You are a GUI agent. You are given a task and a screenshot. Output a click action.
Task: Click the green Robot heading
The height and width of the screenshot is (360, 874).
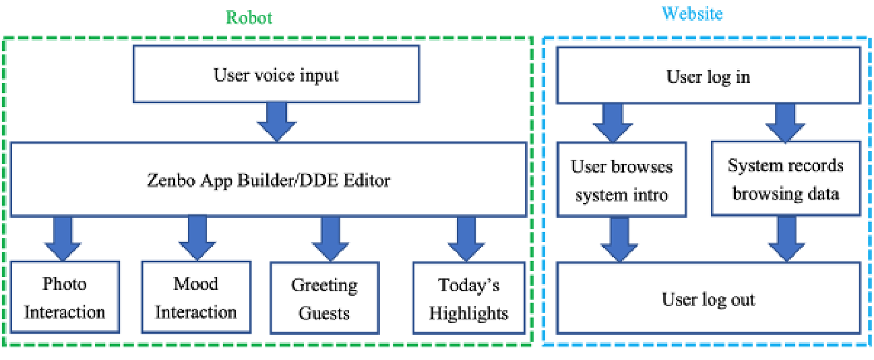(249, 18)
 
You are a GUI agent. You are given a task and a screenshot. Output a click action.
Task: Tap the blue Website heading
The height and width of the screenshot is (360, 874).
(692, 13)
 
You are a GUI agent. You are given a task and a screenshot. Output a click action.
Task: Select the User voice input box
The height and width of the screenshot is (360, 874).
(276, 74)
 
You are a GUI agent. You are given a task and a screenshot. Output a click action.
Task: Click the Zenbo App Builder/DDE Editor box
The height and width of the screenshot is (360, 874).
(268, 179)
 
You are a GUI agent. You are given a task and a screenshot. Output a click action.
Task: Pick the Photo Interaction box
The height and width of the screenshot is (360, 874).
(65, 297)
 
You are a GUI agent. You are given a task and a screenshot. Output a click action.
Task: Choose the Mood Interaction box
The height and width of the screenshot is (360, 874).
(196, 297)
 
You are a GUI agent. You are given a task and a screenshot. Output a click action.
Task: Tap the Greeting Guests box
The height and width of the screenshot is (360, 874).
(325, 298)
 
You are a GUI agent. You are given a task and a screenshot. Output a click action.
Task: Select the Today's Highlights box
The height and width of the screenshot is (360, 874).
(469, 298)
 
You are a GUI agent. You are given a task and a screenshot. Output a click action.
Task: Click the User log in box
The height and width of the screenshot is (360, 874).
(708, 76)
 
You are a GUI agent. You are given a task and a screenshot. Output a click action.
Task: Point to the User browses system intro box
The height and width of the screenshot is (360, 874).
(621, 179)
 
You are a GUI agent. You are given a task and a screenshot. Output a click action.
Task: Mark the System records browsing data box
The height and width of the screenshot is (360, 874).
(786, 179)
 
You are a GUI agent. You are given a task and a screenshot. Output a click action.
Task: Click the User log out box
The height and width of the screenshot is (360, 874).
(708, 298)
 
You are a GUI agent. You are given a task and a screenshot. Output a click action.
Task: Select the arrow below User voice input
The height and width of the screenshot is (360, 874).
(277, 122)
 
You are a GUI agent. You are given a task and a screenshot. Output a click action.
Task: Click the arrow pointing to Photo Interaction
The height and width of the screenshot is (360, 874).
(63, 239)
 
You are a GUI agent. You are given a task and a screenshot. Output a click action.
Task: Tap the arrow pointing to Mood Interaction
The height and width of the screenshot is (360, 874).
(197, 239)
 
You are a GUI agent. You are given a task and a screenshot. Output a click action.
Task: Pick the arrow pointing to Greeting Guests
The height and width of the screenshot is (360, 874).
(330, 239)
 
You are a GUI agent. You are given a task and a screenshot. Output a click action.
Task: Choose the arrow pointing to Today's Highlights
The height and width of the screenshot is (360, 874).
(466, 239)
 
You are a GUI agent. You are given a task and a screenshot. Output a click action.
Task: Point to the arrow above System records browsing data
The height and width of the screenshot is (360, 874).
(785, 123)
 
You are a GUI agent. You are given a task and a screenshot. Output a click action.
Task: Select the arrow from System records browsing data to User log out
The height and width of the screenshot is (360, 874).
(786, 239)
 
